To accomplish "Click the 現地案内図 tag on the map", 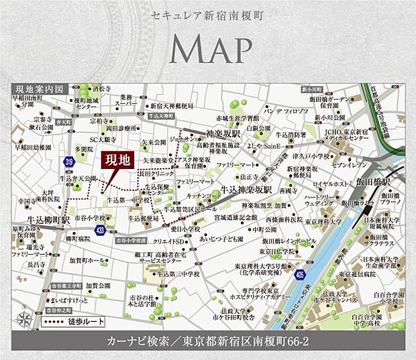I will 39,88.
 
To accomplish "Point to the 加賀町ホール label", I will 87,260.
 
